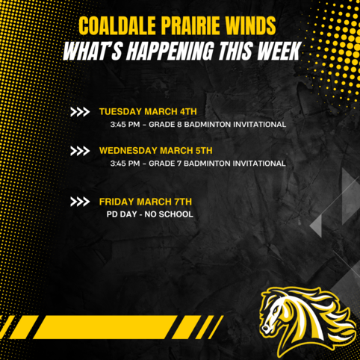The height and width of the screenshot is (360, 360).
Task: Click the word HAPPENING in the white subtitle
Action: point(170,51)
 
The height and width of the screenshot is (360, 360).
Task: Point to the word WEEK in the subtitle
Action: point(279,51)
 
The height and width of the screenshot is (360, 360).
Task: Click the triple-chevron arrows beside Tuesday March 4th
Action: point(80,112)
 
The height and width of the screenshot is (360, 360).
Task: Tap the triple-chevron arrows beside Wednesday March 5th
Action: point(80,151)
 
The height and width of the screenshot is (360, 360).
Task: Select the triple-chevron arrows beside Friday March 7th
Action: point(80,202)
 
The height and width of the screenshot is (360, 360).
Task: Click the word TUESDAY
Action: point(120,111)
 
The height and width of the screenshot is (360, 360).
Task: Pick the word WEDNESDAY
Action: point(128,151)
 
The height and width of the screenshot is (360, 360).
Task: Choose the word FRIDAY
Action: point(117,202)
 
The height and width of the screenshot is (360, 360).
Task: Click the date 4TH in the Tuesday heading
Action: point(188,111)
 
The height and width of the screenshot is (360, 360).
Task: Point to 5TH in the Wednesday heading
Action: point(204,151)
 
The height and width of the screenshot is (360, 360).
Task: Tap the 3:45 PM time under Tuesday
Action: point(125,125)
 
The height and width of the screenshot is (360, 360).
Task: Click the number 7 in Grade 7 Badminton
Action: point(179,164)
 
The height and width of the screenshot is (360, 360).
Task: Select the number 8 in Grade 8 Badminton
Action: point(179,125)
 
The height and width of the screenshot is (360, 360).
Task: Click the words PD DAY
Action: point(122,214)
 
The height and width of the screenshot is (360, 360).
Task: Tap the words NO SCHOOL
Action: point(169,214)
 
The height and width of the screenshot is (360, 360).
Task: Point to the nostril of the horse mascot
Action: point(265,329)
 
